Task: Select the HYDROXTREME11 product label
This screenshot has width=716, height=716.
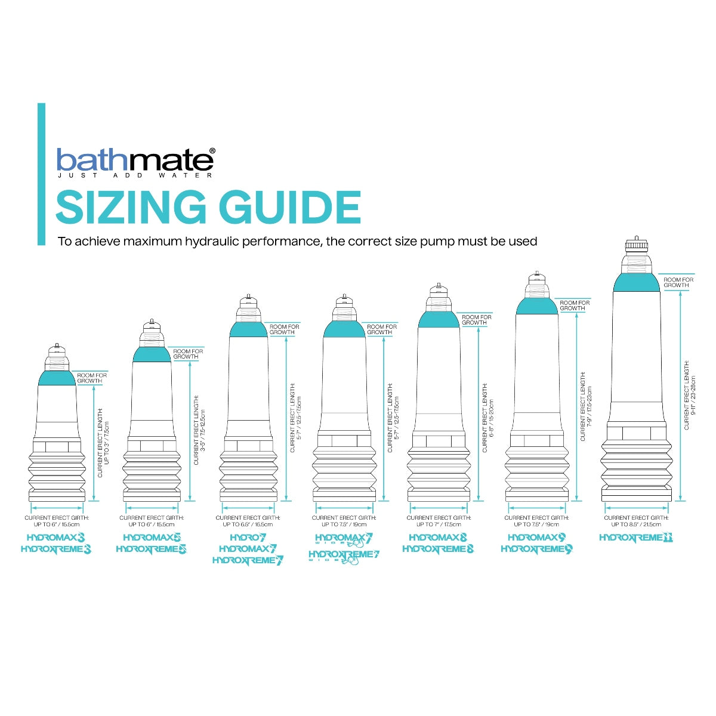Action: pos(636,538)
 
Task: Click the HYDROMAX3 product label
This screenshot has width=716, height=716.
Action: pos(55,538)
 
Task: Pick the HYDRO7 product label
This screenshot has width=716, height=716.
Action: pos(248,538)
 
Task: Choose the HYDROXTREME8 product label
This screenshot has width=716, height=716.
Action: pos(438,549)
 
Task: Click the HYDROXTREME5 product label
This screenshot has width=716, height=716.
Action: pos(151,549)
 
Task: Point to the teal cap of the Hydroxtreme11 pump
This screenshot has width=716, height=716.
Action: pos(636,283)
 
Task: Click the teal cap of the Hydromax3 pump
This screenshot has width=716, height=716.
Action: pos(57,378)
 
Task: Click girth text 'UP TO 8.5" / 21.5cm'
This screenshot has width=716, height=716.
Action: pos(636,524)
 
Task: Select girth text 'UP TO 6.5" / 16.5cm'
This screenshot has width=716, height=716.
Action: pos(248,524)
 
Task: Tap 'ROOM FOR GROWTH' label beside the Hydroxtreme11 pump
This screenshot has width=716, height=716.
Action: pos(678,282)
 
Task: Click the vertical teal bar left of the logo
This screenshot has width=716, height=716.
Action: pos(41,174)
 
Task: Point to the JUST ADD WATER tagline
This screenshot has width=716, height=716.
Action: pos(135,175)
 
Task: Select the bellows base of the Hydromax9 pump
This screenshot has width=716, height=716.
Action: pos(537,471)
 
